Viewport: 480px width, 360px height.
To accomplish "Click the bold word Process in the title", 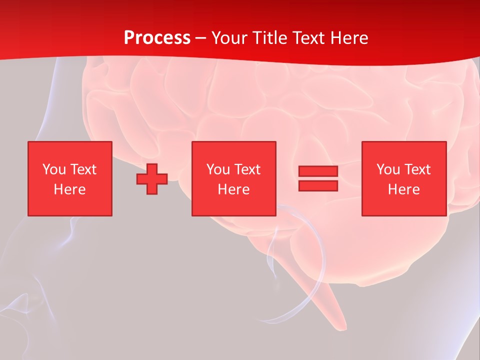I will point(157,38).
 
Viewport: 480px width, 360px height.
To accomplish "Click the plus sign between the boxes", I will point(152,179).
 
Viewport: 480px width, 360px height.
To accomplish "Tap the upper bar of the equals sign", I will point(318,171).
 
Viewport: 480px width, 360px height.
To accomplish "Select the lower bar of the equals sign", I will point(318,186).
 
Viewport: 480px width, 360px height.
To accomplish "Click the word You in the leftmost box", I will point(54,169).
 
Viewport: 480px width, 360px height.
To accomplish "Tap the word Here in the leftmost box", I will point(69,189).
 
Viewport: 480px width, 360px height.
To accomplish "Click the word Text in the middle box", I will point(247,169).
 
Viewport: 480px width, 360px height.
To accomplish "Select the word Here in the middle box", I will point(233,189).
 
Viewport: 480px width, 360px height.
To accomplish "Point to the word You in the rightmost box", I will point(388,169).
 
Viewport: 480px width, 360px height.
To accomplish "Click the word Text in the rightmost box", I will point(417,169).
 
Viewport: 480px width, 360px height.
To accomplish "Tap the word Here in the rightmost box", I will point(403,189).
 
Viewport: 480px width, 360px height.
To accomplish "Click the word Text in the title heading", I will point(306,38).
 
